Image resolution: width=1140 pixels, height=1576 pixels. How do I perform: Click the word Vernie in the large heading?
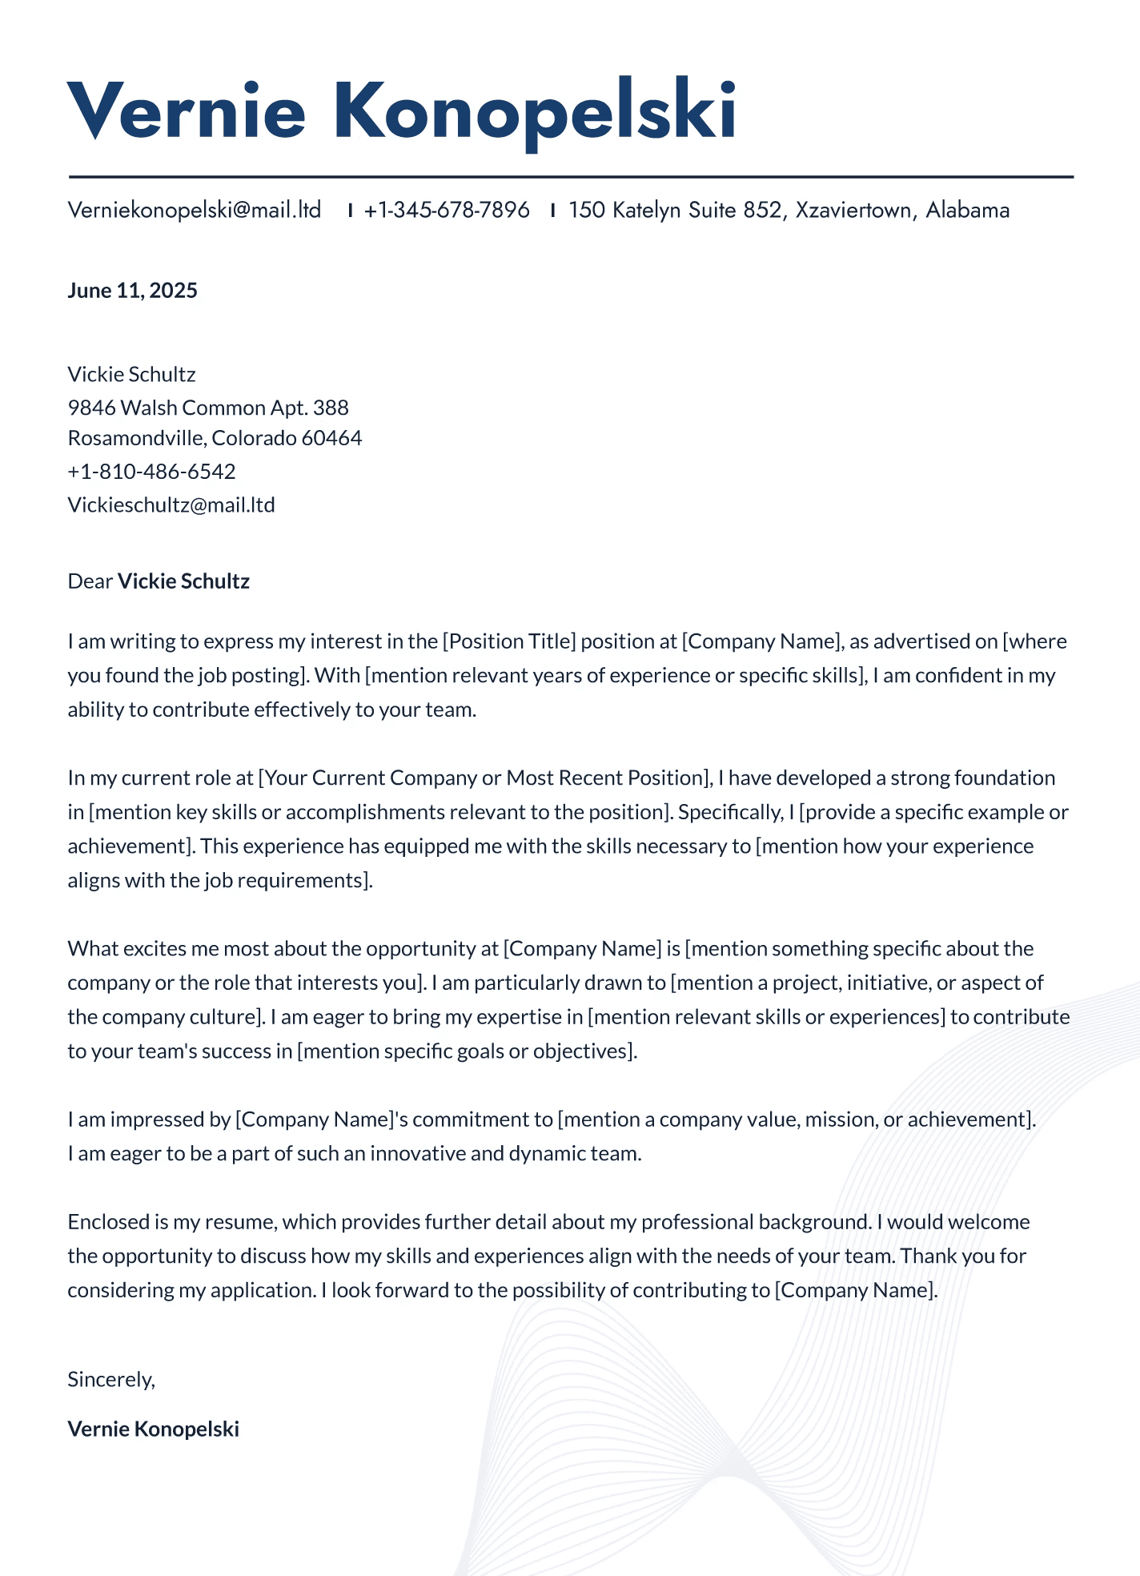coord(187,111)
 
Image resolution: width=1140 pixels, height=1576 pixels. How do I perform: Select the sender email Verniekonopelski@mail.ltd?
coord(195,210)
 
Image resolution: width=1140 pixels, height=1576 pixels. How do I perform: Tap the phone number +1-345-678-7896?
coord(447,210)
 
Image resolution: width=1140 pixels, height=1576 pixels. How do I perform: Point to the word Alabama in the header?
coord(967,210)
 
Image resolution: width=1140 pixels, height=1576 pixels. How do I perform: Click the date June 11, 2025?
coord(132,290)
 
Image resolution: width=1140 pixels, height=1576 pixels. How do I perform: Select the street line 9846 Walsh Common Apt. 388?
coord(208,408)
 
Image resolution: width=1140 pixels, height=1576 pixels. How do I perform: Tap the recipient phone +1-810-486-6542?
coord(151,471)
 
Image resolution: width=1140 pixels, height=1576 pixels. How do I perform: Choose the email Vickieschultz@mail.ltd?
coord(171,505)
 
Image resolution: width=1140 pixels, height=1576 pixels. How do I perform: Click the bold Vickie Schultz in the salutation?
coord(183,581)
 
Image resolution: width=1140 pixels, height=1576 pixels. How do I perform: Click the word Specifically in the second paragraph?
coord(729,812)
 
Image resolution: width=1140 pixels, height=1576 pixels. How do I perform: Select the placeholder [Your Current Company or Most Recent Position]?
coord(484,778)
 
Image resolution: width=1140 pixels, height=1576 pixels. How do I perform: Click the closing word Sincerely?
coord(110,1379)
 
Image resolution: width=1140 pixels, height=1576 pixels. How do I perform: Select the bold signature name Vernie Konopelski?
coord(154,1429)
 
